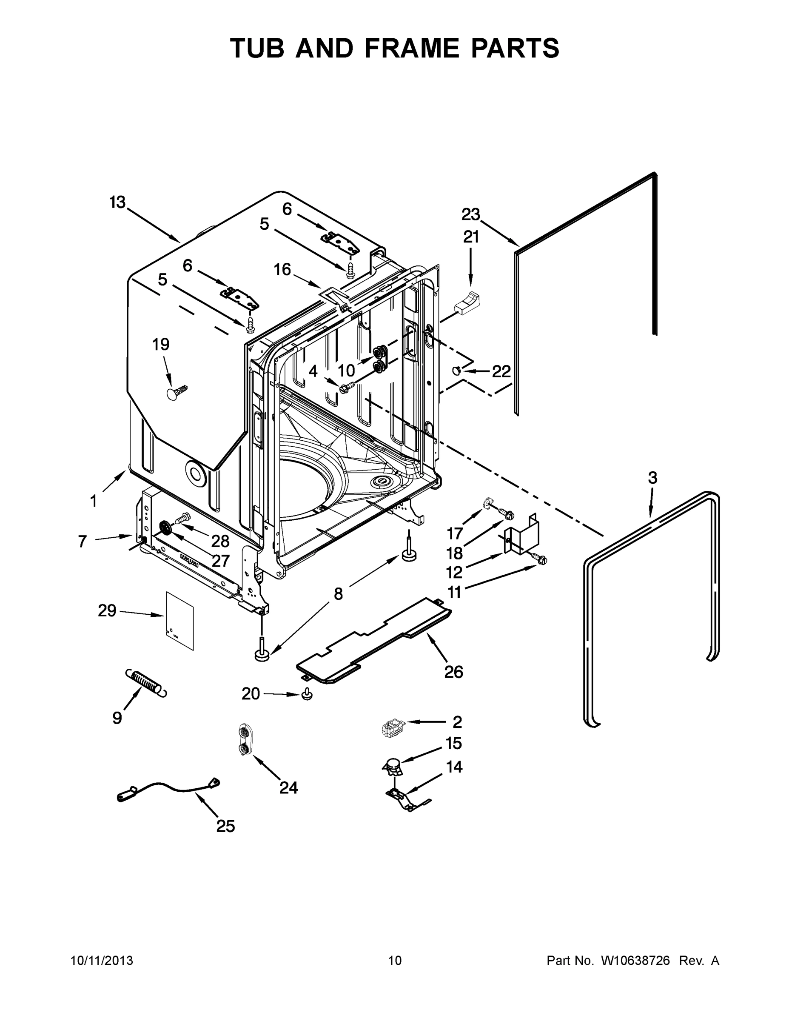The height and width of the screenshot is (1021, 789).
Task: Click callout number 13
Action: (x=117, y=202)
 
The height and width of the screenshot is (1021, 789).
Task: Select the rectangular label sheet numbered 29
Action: (x=180, y=621)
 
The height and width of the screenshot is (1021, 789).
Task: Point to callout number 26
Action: (x=453, y=672)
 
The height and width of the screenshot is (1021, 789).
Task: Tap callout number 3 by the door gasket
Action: (x=652, y=478)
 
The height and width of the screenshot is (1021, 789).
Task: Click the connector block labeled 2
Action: (x=392, y=728)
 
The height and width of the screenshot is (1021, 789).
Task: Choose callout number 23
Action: (x=471, y=214)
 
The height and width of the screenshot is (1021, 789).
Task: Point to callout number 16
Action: (x=282, y=270)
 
